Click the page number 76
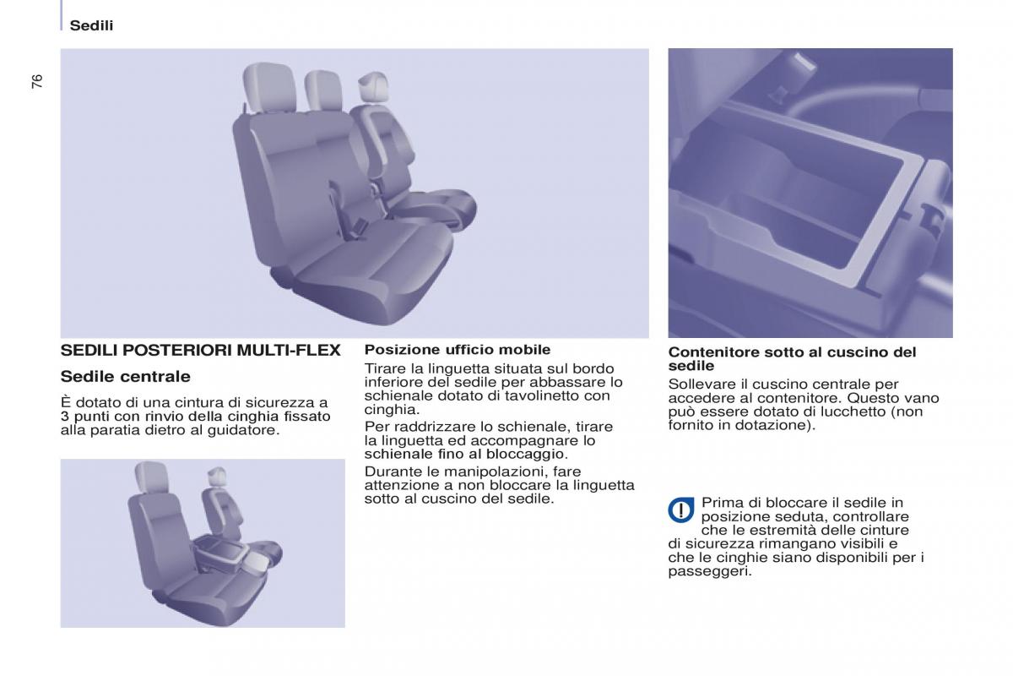[37, 81]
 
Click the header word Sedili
[91, 25]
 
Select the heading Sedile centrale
[125, 376]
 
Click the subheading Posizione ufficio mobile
[458, 350]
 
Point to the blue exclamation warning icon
[680, 510]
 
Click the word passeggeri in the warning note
[710, 571]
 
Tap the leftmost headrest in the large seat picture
[269, 87]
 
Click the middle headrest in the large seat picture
[322, 90]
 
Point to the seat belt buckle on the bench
[360, 225]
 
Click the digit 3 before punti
[65, 417]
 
